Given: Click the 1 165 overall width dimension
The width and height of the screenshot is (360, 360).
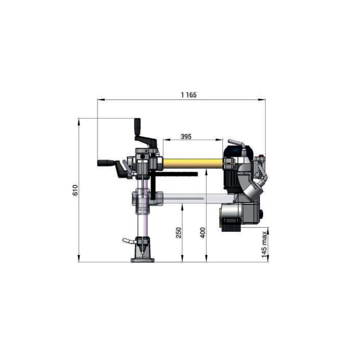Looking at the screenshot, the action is click(x=188, y=95).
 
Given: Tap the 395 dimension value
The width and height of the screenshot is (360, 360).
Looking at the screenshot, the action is click(x=186, y=136).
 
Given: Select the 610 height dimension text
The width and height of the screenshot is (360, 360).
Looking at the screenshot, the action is click(x=75, y=190).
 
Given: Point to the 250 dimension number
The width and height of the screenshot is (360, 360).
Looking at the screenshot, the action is click(x=178, y=232).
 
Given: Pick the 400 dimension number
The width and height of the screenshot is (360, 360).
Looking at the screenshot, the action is click(x=202, y=232).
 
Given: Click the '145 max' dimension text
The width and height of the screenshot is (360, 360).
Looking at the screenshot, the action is click(x=264, y=244).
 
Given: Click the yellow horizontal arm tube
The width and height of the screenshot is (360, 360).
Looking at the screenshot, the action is click(x=193, y=163).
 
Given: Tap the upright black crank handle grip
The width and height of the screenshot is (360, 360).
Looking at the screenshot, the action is click(x=137, y=126).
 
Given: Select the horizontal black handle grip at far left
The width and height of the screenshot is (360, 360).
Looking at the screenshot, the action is click(x=105, y=163).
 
